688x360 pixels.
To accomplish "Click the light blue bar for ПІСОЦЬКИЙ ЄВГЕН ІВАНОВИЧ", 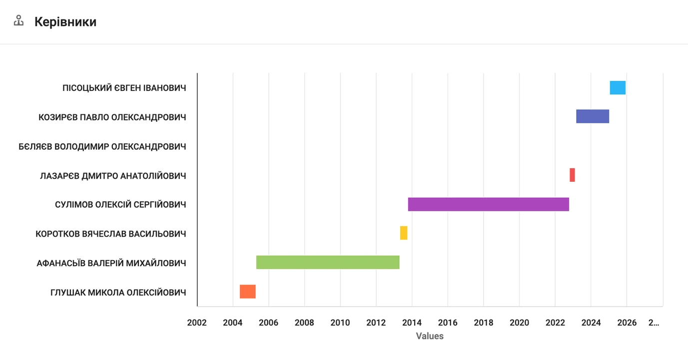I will [618, 87].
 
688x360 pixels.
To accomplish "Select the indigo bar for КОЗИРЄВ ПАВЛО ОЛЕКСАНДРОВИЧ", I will [593, 116].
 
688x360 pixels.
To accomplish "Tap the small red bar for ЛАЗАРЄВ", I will [572, 175].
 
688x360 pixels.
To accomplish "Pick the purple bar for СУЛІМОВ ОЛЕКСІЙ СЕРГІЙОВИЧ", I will [488, 204].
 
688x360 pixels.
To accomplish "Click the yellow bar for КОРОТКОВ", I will [404, 233].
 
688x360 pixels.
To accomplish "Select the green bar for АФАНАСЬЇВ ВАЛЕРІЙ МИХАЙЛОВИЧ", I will [328, 262].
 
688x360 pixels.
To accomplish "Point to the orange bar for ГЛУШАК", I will [248, 292].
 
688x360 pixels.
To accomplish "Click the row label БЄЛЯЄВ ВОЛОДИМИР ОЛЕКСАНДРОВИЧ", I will [102, 147].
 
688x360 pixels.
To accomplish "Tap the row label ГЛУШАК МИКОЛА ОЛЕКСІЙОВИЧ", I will [118, 293].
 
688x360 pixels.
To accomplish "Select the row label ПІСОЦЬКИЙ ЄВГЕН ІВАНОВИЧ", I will [124, 88].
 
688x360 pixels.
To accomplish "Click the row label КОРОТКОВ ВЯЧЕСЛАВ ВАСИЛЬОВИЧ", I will [111, 234].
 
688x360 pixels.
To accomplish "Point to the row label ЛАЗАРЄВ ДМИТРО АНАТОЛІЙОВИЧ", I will [113, 176].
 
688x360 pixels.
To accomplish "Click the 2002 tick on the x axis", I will [197, 323].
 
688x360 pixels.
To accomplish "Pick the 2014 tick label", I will [412, 323].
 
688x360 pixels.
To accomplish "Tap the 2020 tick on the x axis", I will [519, 323].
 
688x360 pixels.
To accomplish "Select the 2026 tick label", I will [627, 323].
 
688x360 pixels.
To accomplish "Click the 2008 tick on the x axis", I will [304, 323].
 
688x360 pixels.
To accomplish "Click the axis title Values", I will [430, 336].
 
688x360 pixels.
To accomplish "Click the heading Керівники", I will [65, 22].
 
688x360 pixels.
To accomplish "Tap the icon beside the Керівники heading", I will [19, 21].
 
